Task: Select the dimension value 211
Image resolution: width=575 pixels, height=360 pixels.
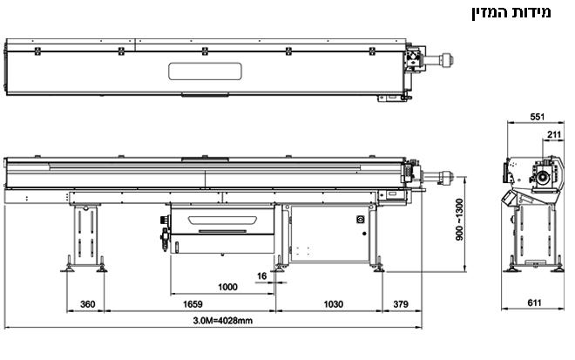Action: tap(553, 133)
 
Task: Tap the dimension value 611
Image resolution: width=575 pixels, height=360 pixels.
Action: tap(535, 303)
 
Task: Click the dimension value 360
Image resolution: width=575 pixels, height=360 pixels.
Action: tap(87, 304)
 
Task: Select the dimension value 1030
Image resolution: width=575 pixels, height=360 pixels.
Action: tap(334, 304)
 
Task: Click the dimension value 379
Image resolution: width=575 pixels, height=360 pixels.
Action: tap(401, 304)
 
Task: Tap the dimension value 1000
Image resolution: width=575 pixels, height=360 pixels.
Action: tap(227, 286)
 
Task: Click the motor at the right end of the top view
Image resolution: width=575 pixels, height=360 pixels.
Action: tap(443, 60)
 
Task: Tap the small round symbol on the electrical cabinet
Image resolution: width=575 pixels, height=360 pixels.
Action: tap(360, 220)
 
